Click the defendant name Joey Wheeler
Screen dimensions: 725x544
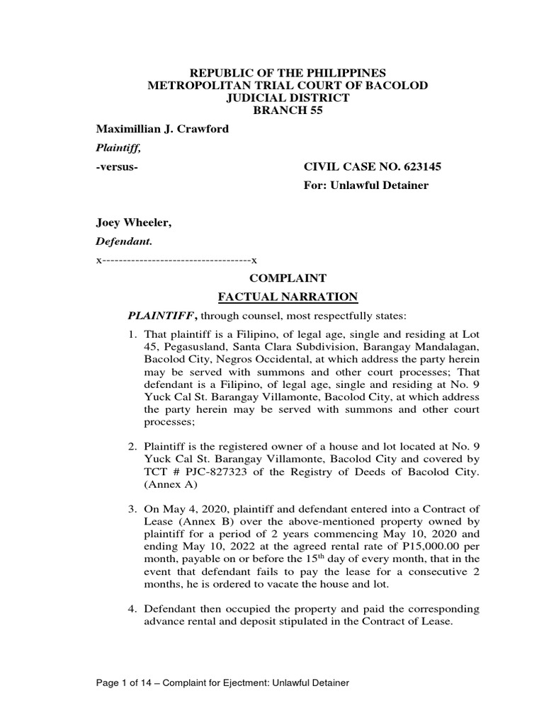[134, 223]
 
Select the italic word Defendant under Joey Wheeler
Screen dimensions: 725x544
[124, 241]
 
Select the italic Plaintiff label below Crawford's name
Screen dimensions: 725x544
[118, 148]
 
